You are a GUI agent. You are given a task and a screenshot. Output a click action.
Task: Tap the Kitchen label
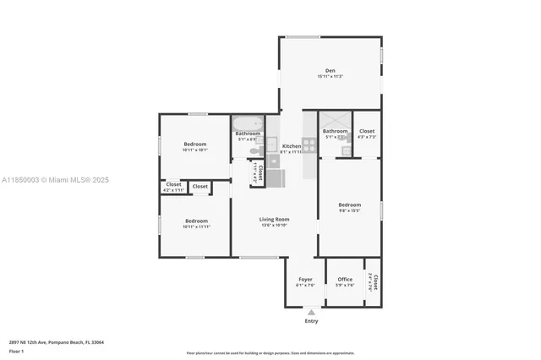[291, 145]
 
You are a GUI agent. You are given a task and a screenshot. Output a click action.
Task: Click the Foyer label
[305, 279]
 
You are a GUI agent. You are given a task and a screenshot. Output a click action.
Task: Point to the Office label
[345, 279]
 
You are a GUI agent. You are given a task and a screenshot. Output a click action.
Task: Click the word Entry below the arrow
[311, 321]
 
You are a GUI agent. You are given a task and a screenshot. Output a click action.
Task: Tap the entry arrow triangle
[311, 312]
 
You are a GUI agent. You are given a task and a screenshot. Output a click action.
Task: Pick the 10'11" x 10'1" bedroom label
[195, 144]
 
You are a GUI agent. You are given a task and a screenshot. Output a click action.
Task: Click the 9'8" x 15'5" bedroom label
[350, 205]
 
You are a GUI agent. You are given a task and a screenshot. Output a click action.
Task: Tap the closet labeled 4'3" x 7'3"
[367, 131]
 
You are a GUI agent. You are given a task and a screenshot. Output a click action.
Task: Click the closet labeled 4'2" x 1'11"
[173, 184]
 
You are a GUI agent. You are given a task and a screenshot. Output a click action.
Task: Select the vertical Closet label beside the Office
[374, 282]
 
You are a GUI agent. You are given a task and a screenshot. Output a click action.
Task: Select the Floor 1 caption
[16, 351]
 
